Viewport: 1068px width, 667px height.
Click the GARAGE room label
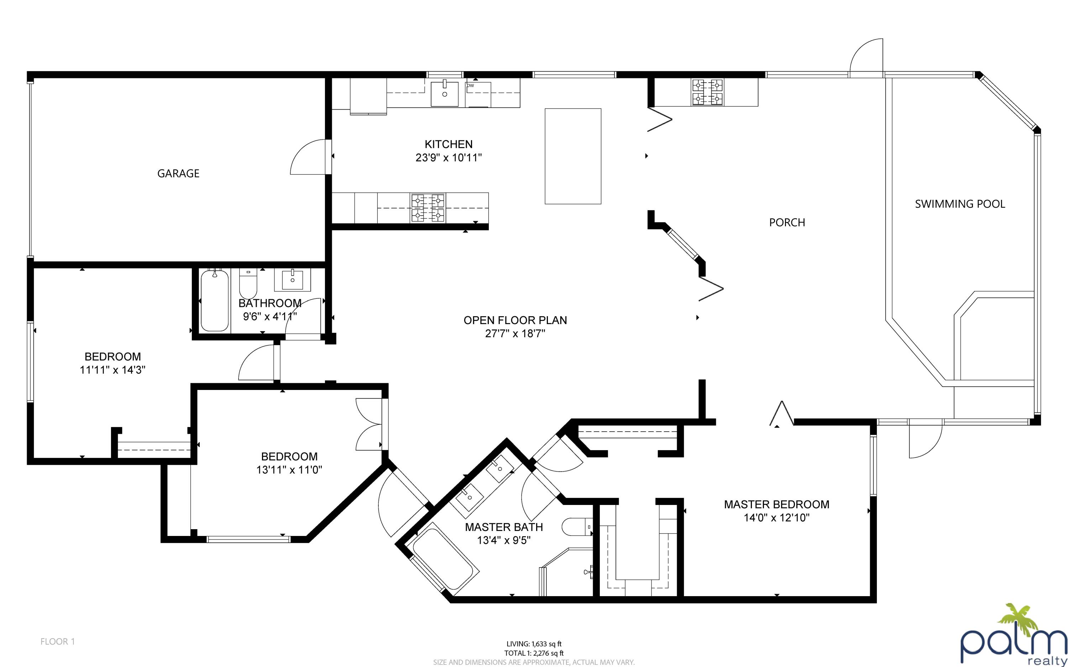pyautogui.click(x=178, y=173)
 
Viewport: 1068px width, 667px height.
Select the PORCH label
pyautogui.click(x=787, y=222)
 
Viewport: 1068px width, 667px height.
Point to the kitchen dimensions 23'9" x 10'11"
pyautogui.click(x=449, y=157)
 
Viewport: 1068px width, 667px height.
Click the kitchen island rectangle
pyautogui.click(x=573, y=156)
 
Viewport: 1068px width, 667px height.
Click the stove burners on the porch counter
pyautogui.click(x=707, y=92)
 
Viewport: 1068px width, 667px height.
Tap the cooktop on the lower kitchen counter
pyautogui.click(x=428, y=208)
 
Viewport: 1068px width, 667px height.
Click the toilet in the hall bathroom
pyautogui.click(x=248, y=284)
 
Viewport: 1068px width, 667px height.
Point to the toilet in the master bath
pyautogui.click(x=577, y=527)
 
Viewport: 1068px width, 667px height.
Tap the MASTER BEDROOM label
pyautogui.click(x=776, y=504)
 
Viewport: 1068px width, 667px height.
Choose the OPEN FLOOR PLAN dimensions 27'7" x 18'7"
pyautogui.click(x=515, y=333)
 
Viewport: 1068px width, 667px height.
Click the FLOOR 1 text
pyautogui.click(x=58, y=641)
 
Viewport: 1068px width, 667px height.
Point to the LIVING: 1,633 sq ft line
pyautogui.click(x=534, y=644)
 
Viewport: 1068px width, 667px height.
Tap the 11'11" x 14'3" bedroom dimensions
pyautogui.click(x=112, y=370)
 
